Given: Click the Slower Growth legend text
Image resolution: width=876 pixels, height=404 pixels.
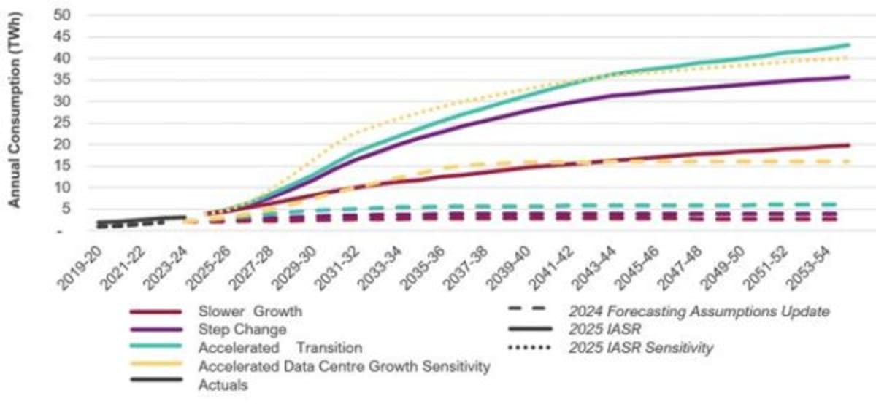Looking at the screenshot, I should tap(250, 311).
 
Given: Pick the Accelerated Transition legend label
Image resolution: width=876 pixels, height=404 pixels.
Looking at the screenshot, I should tap(280, 348).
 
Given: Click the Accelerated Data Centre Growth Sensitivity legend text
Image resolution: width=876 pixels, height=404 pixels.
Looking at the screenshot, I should tap(344, 367).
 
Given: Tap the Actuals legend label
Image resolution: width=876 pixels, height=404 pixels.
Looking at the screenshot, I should tap(223, 385).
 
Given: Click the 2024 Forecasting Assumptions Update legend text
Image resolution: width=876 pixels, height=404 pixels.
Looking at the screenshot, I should tap(699, 311).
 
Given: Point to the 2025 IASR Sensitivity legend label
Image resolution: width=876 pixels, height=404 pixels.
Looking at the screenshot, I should tap(640, 349).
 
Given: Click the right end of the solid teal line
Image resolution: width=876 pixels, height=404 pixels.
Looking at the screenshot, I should tap(849, 44).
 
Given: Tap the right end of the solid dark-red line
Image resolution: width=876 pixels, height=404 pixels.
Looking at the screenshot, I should tap(849, 145).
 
